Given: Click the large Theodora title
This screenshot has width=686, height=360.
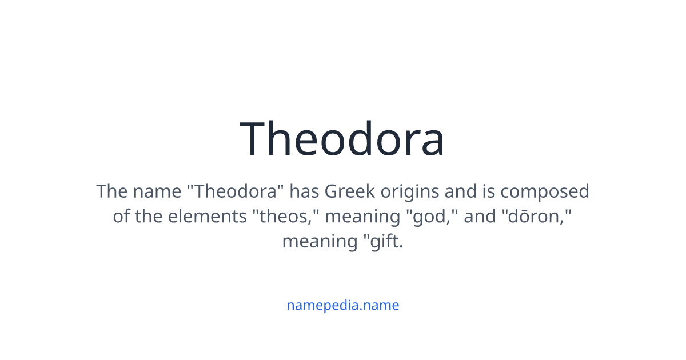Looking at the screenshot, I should point(342,139).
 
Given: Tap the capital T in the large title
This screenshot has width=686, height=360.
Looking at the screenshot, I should point(255,139).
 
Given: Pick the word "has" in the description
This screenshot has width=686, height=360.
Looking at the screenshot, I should point(304,191).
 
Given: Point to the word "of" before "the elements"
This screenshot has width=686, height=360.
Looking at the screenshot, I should point(121,217).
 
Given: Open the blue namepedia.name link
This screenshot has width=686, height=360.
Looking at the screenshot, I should point(342,305).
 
